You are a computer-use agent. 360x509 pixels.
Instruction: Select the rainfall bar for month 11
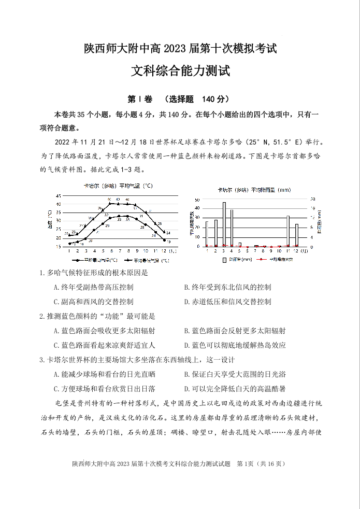click(x=288, y=231)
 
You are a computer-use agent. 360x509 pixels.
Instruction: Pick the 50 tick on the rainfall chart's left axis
click(x=196, y=200)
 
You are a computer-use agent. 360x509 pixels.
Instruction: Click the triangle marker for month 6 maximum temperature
click(x=109, y=203)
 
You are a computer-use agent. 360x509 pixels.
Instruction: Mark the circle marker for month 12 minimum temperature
click(x=164, y=240)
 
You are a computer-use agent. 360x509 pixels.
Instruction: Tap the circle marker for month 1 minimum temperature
click(x=69, y=244)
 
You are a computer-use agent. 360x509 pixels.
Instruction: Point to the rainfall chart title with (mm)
click(x=254, y=190)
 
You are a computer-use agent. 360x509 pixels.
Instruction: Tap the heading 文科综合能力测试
click(x=180, y=71)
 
